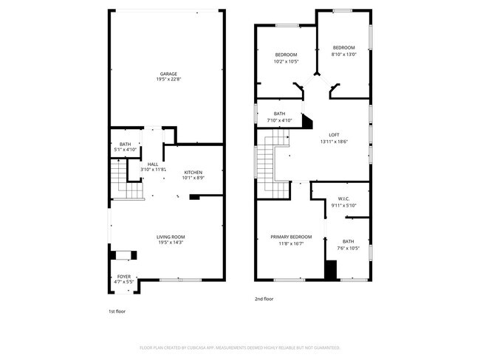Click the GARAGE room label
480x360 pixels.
pyautogui.click(x=168, y=74)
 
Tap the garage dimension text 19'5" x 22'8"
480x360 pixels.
pyautogui.click(x=168, y=80)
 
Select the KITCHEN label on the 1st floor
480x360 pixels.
pyautogui.click(x=193, y=173)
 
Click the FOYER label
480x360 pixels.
pyautogui.click(x=123, y=277)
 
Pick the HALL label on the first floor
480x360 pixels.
pyautogui.click(x=153, y=164)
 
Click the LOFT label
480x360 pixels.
pyautogui.click(x=334, y=134)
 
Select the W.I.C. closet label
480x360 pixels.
pyautogui.click(x=343, y=198)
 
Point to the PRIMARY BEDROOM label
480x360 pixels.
pyautogui.click(x=291, y=237)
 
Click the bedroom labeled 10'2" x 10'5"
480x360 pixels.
pyautogui.click(x=286, y=55)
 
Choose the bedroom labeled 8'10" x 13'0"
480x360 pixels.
pyautogui.click(x=343, y=48)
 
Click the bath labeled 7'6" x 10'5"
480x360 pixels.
pyautogui.click(x=348, y=241)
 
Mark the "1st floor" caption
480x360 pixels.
pyautogui.click(x=117, y=311)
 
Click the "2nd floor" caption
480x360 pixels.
pyautogui.click(x=264, y=299)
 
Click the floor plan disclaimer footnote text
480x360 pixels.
pyautogui.click(x=239, y=347)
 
